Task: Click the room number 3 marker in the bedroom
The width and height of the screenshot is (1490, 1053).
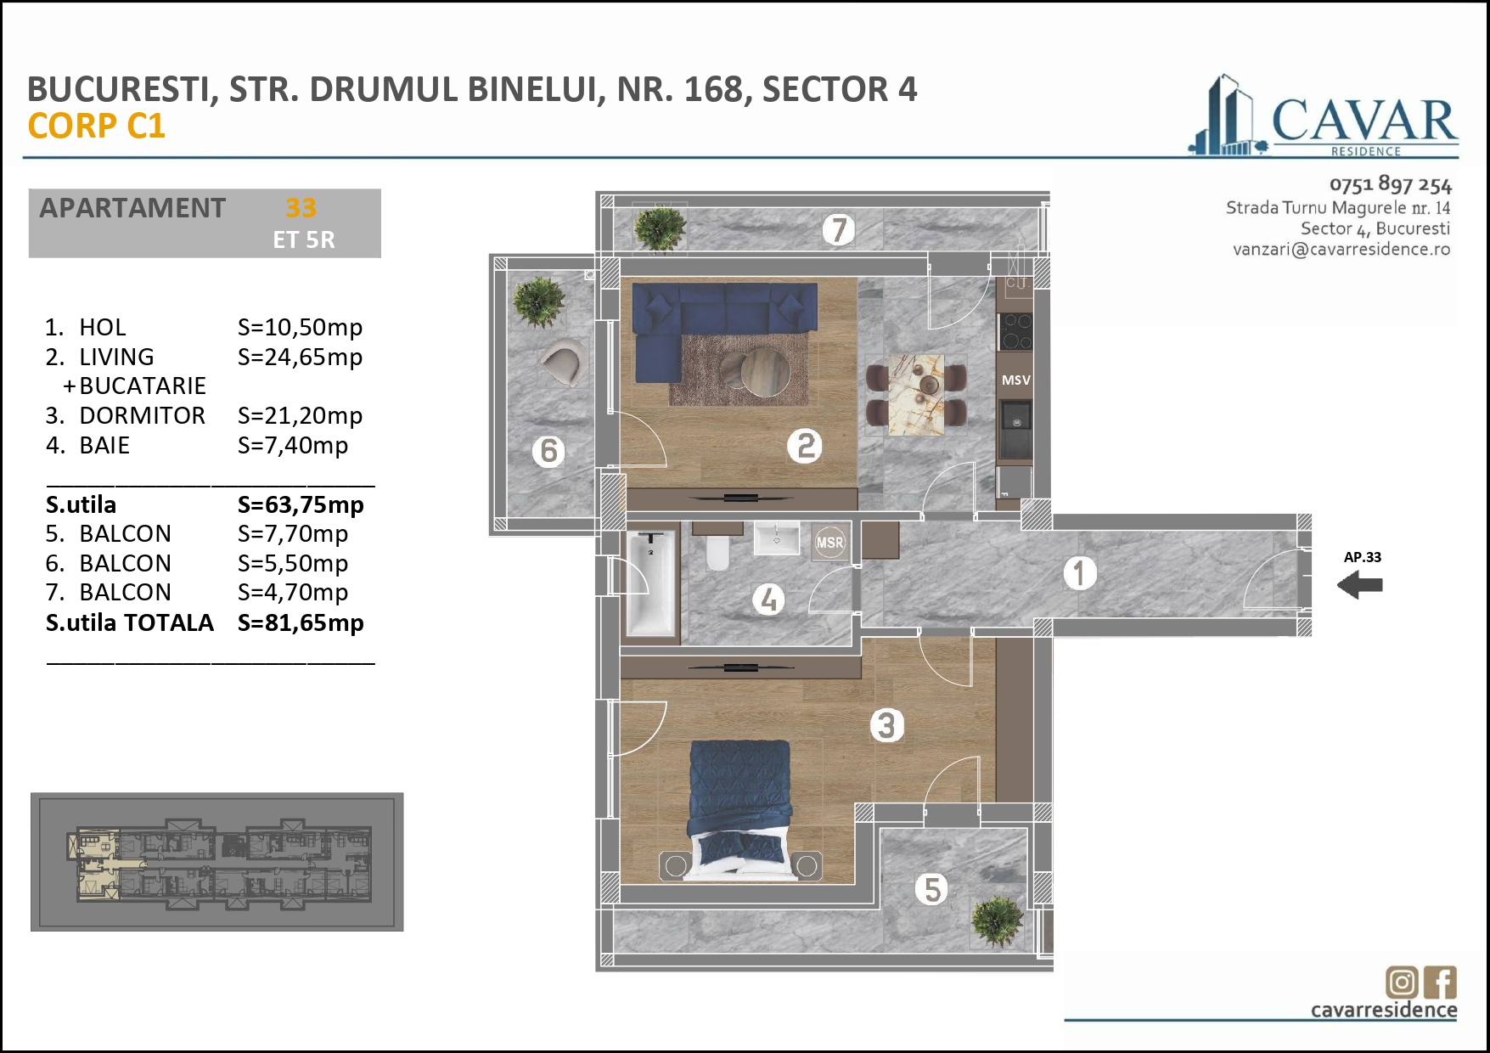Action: click(x=886, y=725)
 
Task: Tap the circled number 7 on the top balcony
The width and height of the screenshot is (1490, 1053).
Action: click(x=838, y=229)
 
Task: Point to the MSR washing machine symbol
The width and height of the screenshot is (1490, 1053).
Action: click(x=829, y=543)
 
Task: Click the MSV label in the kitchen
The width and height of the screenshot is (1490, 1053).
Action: click(x=1015, y=380)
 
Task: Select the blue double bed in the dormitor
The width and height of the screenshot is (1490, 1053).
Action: click(x=739, y=802)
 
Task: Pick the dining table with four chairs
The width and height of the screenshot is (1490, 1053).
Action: click(x=916, y=394)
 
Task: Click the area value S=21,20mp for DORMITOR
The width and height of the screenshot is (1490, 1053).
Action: click(x=300, y=415)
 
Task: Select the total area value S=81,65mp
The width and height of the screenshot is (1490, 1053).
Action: click(x=301, y=622)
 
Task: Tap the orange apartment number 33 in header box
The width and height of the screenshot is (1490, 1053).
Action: click(x=301, y=207)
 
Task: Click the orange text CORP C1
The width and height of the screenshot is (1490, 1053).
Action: click(x=96, y=126)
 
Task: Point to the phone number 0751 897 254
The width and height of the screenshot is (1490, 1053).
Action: click(x=1390, y=184)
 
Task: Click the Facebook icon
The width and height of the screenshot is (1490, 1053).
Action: click(x=1440, y=983)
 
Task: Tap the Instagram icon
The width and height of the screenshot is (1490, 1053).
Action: click(x=1402, y=983)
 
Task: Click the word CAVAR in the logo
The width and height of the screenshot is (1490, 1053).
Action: click(x=1363, y=121)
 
